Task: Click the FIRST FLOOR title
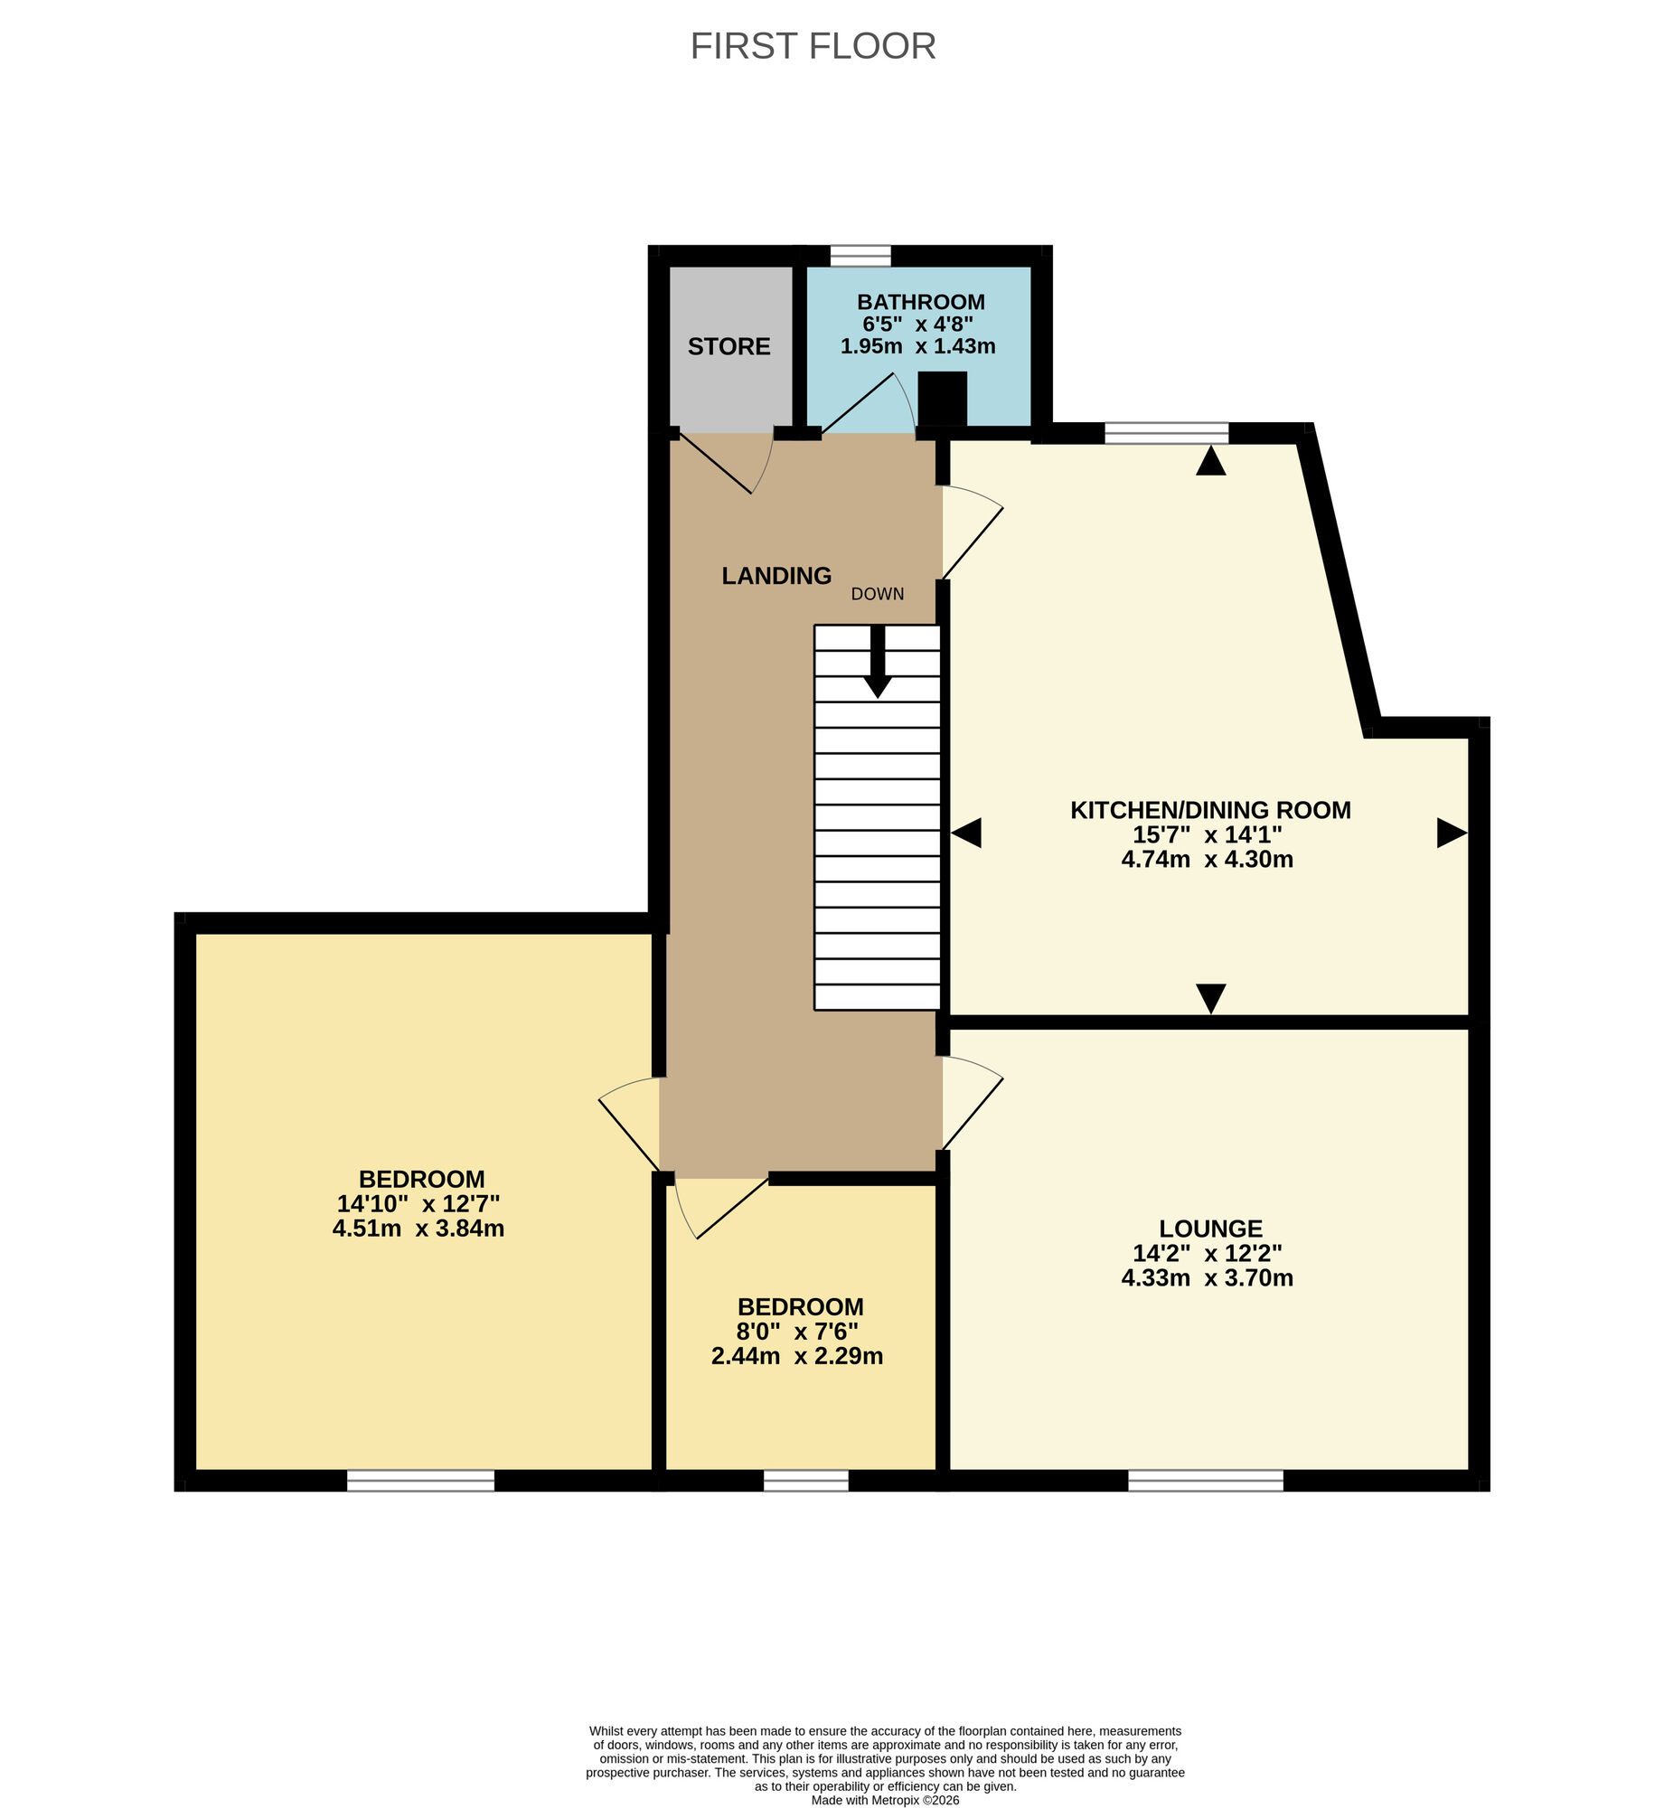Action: [813, 46]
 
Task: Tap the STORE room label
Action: [729, 346]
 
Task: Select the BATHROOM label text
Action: [920, 302]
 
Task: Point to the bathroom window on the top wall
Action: [860, 256]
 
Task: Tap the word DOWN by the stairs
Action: [877, 594]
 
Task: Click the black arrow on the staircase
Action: [877, 664]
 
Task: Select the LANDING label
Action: [776, 576]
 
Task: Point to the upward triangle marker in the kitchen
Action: [1210, 462]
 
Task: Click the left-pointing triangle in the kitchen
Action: [966, 833]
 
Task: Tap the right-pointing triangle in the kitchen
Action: [1451, 833]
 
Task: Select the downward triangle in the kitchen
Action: [1210, 998]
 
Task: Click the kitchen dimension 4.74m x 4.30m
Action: [1207, 860]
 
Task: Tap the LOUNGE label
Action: [1210, 1229]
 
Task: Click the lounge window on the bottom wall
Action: [1205, 1480]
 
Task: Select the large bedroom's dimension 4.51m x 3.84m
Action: [418, 1229]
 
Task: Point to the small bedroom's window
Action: [805, 1480]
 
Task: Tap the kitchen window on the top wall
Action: [1166, 434]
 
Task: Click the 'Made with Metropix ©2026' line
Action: [885, 1800]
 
